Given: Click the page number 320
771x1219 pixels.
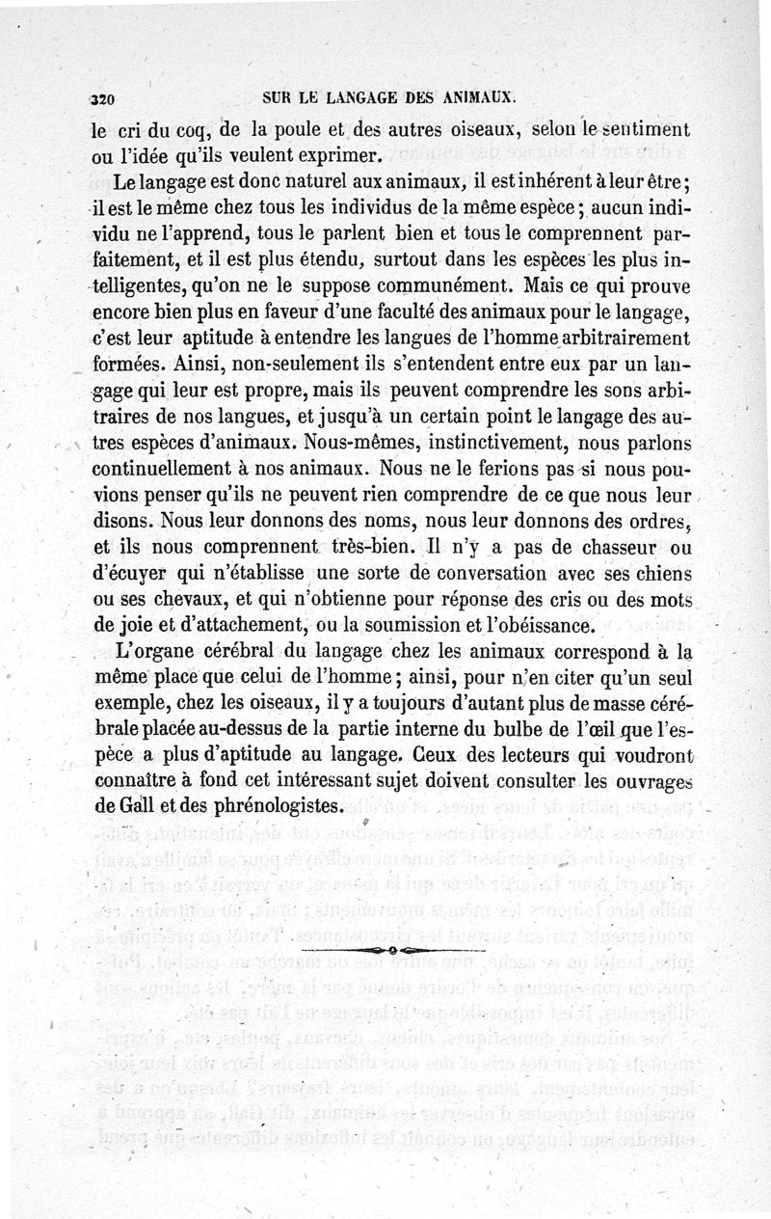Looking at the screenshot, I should (x=102, y=97).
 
